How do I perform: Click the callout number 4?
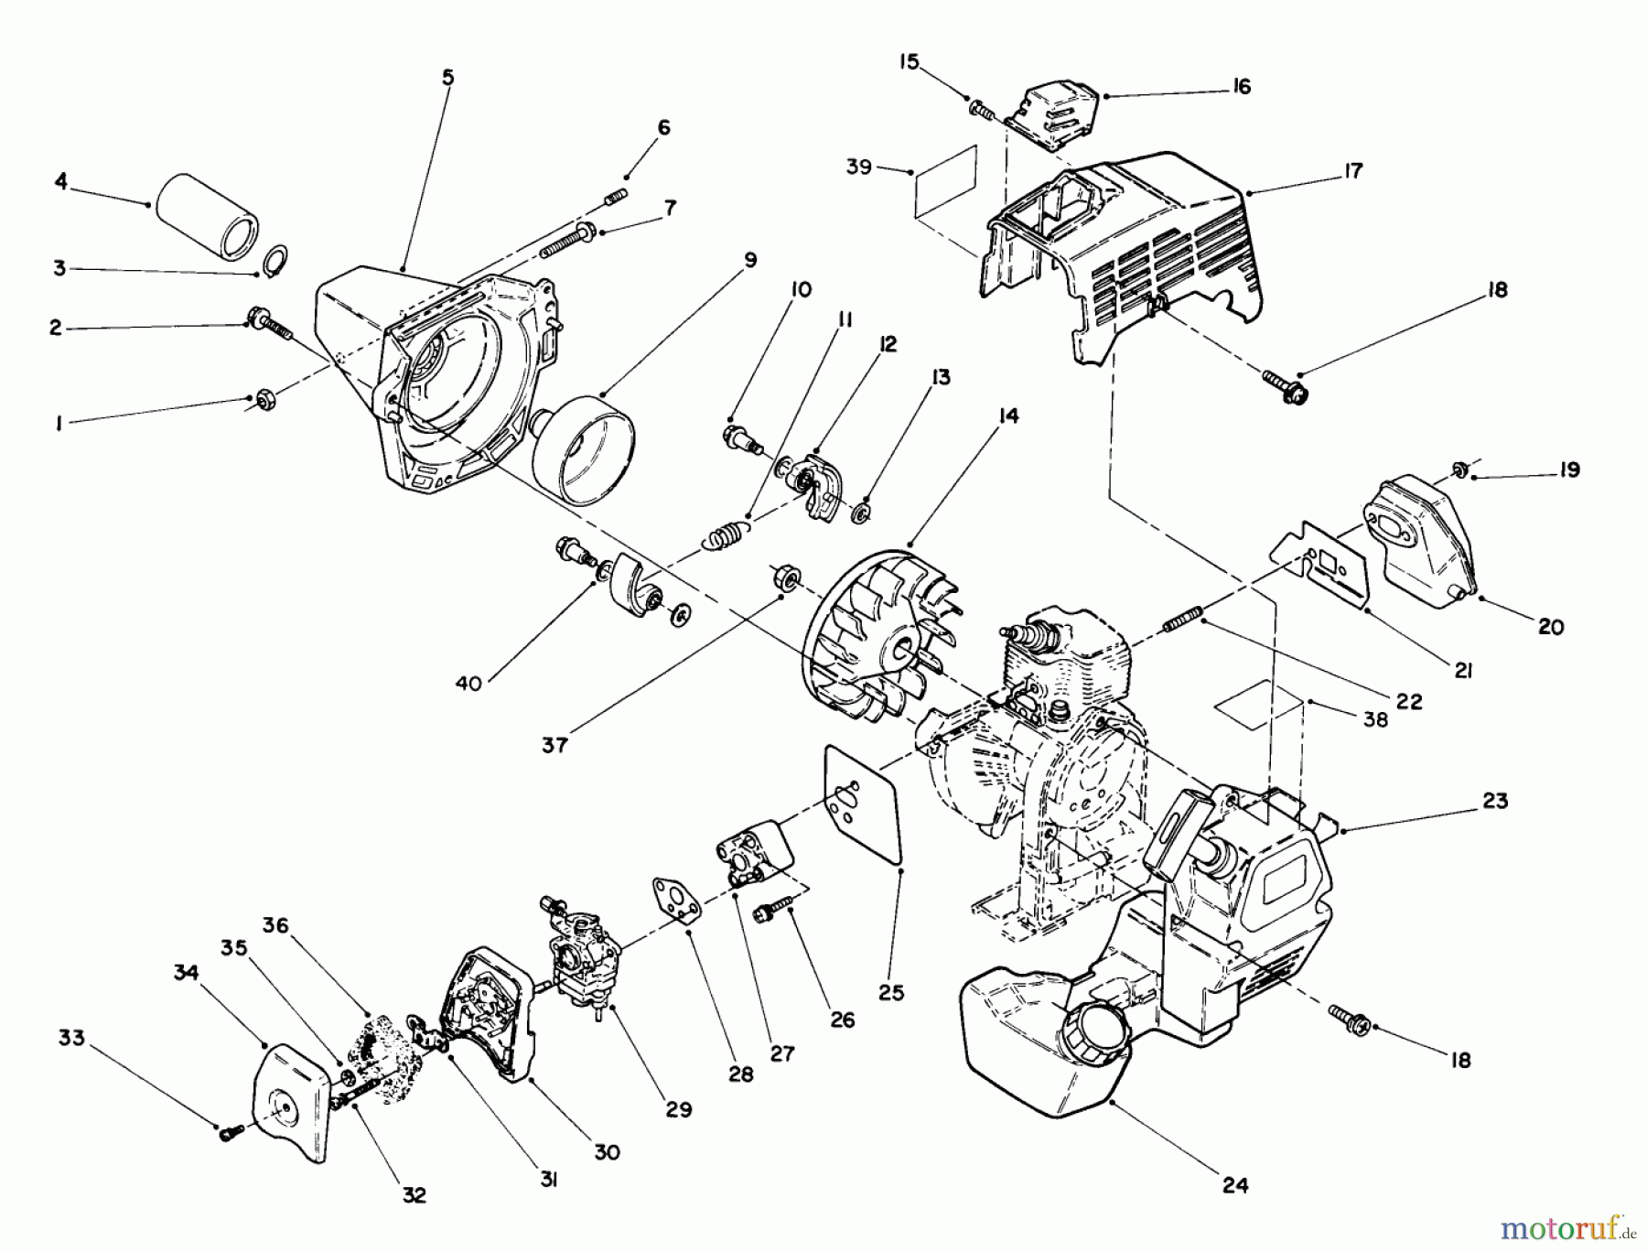(60, 181)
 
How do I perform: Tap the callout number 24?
(1234, 1184)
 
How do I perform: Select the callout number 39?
(858, 167)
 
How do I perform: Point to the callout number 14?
(1007, 416)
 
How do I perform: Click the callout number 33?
(71, 1038)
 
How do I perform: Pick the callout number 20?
(1550, 627)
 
